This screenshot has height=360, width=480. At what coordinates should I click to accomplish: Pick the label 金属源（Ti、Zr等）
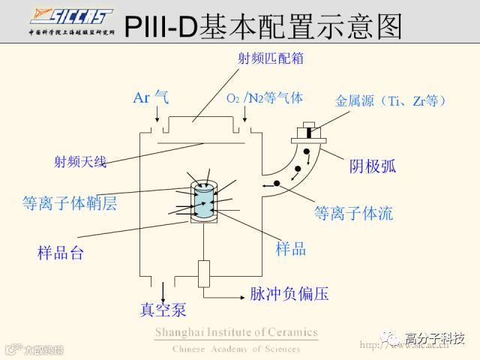coord(390,100)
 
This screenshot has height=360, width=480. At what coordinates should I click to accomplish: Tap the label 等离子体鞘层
coord(69,203)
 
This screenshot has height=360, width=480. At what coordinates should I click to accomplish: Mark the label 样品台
coord(61,253)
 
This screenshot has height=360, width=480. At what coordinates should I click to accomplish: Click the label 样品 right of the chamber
coord(291,249)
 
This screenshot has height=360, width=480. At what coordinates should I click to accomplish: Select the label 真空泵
coord(163,309)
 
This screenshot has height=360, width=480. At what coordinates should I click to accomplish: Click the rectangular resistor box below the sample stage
coord(204,274)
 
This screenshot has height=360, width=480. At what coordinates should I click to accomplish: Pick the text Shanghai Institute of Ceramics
coord(236,332)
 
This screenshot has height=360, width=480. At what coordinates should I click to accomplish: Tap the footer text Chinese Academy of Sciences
coord(236,349)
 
